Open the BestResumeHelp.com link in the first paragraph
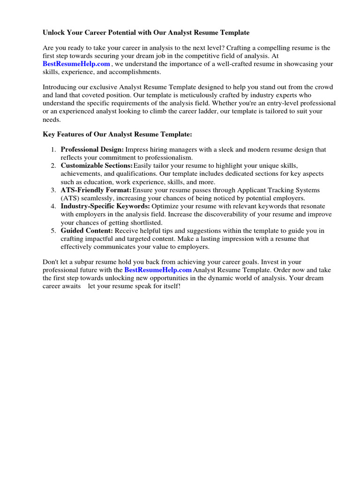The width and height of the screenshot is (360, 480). click(76, 64)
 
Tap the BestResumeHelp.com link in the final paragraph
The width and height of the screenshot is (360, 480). click(158, 270)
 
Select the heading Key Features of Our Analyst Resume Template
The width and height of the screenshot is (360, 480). click(118, 135)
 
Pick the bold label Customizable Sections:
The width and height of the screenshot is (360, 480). click(97, 166)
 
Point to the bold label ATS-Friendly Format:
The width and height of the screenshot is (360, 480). click(96, 190)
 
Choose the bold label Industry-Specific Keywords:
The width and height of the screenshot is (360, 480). click(105, 206)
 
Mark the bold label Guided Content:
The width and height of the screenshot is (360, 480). click(87, 231)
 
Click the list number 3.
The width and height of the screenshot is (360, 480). click(53, 190)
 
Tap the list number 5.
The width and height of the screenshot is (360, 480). click(53, 231)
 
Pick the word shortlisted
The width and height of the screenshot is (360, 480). click(145, 223)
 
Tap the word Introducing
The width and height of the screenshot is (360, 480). click(60, 87)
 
